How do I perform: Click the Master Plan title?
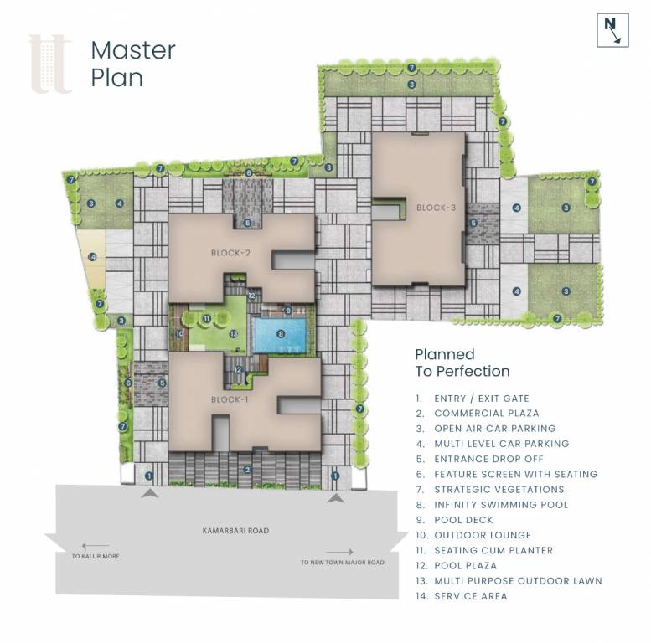pos(132,64)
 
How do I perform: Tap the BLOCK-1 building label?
pos(230,399)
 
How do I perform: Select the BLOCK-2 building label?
pos(231,252)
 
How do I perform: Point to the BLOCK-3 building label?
pos(436,207)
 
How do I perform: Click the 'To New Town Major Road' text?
pos(342,562)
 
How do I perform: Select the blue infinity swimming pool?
pos(281,334)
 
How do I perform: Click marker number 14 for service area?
pos(93,257)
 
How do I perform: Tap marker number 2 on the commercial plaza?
pos(246,470)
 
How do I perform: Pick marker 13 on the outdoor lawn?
pos(234,333)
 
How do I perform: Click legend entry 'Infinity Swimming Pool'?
pos(500,505)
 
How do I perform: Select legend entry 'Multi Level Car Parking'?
pos(501,444)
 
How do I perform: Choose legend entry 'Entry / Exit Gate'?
pos(481,399)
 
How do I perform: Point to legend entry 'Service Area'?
pos(470,596)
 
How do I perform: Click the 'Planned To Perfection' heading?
pos(462,363)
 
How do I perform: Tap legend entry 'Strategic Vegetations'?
pos(499,490)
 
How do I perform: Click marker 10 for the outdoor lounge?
pos(179,333)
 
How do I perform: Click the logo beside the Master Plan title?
pos(50,64)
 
